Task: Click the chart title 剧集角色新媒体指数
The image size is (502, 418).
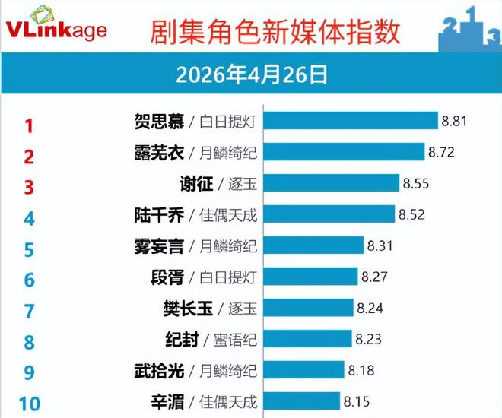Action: pyautogui.click(x=275, y=31)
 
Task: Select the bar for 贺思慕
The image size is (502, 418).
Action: pyautogui.click(x=351, y=121)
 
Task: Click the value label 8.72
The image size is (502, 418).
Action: pyautogui.click(x=441, y=152)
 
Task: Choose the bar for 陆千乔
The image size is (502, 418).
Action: pyautogui.click(x=329, y=214)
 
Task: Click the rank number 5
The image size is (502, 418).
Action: pyautogui.click(x=30, y=249)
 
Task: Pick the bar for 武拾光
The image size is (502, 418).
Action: pyautogui.click(x=303, y=370)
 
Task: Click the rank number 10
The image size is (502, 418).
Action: pyautogui.click(x=29, y=403)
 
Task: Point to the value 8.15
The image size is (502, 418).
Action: pyautogui.click(x=357, y=401)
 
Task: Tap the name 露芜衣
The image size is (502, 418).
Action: pyautogui.click(x=157, y=152)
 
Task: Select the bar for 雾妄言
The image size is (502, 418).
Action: pyautogui.click(x=313, y=245)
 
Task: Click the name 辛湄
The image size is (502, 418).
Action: pyautogui.click(x=168, y=401)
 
